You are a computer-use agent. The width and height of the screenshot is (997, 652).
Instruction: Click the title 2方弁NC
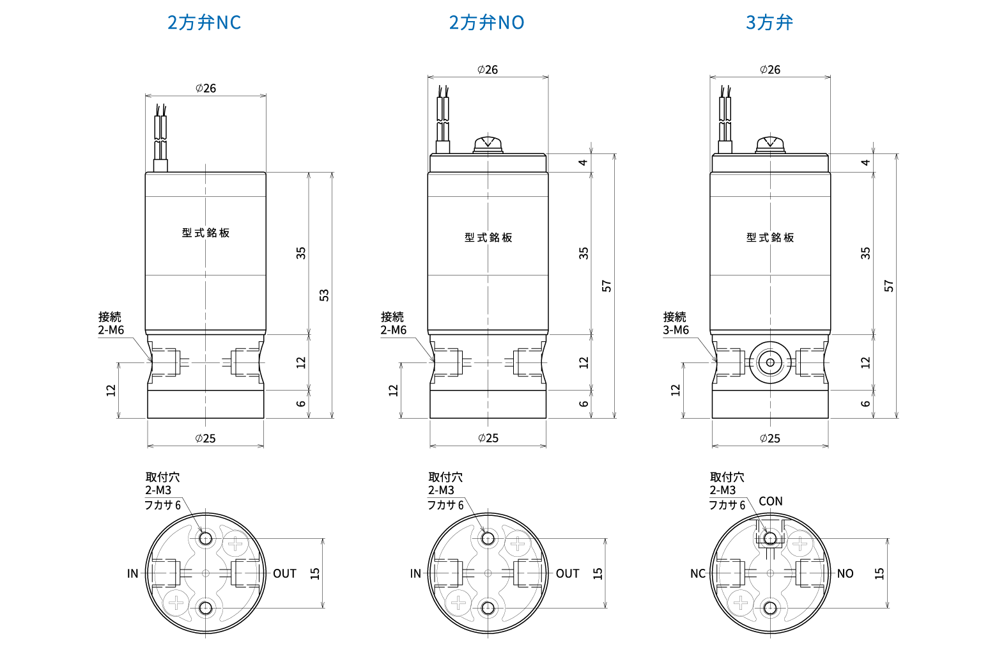(x=205, y=22)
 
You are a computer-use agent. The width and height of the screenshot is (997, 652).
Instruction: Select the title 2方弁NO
(x=487, y=22)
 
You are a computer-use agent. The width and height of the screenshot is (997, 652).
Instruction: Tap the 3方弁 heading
(x=769, y=22)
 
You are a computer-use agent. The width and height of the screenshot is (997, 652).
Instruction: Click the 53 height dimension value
(x=325, y=295)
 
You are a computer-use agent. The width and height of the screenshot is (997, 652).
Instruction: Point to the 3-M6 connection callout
(x=676, y=330)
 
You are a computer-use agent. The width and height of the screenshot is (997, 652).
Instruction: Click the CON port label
(x=771, y=501)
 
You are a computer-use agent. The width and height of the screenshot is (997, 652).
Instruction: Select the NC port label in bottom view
(x=697, y=573)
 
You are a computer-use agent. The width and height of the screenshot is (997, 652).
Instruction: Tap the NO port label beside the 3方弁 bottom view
(x=846, y=573)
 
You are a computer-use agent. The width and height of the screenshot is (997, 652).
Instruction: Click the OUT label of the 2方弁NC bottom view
(x=284, y=573)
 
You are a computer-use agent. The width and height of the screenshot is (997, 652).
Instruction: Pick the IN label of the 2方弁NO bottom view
(x=415, y=573)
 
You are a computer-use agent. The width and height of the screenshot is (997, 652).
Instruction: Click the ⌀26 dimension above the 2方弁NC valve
(x=206, y=88)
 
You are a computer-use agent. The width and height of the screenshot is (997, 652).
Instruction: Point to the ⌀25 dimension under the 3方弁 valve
(x=770, y=439)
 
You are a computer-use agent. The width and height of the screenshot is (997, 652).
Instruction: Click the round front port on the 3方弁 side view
(x=770, y=362)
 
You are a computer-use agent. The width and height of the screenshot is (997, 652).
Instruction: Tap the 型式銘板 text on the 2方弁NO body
(x=488, y=238)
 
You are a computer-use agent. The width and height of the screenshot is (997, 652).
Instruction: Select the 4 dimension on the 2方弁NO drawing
(x=583, y=162)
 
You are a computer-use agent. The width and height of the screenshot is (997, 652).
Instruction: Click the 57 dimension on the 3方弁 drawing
(x=888, y=286)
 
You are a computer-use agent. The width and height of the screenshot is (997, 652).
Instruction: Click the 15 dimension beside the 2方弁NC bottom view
(x=315, y=573)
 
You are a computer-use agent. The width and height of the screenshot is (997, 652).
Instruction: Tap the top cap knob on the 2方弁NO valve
(x=488, y=145)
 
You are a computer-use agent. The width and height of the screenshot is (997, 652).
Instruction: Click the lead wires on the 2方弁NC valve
(x=160, y=137)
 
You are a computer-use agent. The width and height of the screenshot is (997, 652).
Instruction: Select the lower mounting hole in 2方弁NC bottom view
(x=206, y=608)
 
